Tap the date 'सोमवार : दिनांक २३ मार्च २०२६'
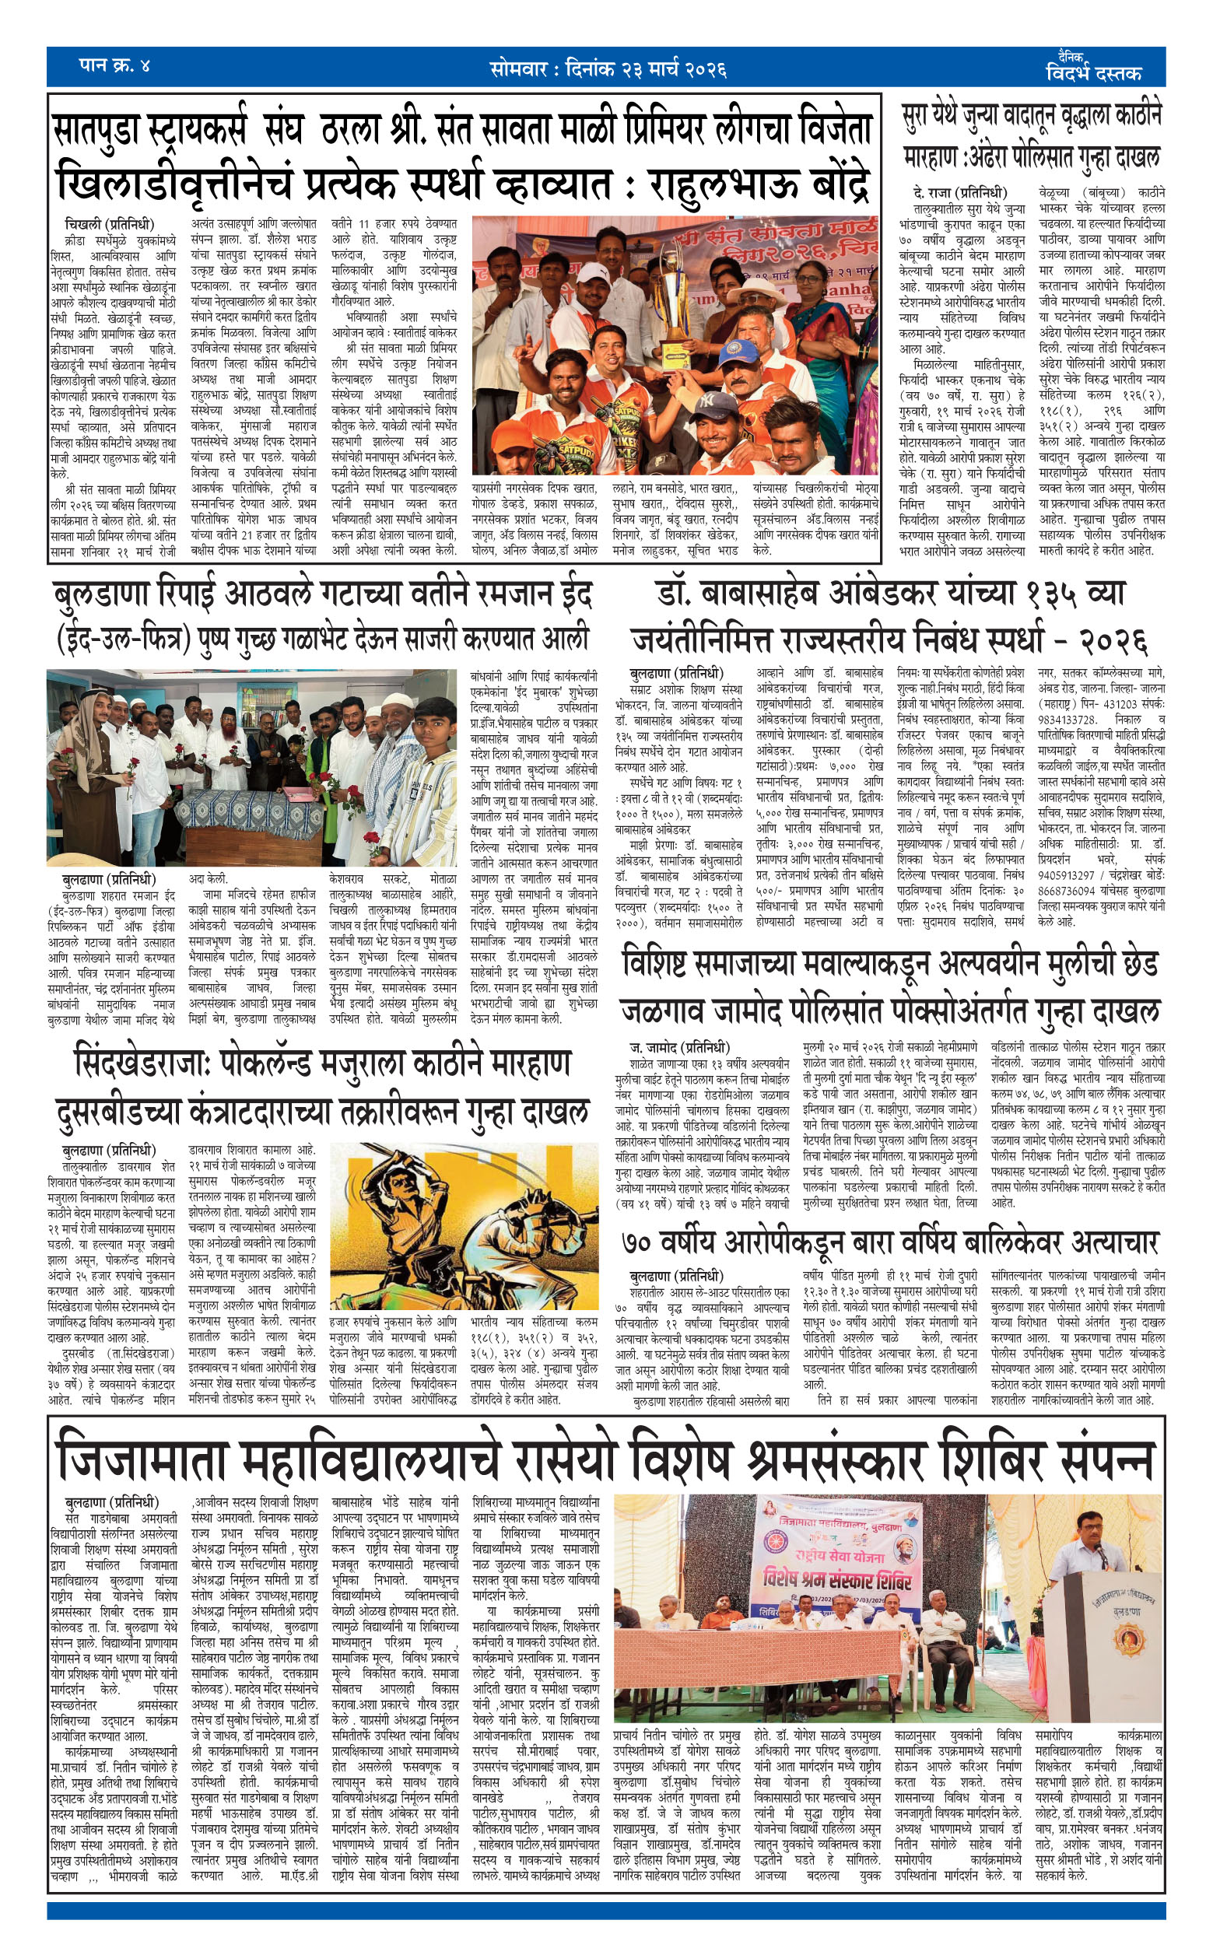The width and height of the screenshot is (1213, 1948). pyautogui.click(x=608, y=69)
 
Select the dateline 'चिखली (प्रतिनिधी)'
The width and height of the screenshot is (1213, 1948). pyautogui.click(x=109, y=225)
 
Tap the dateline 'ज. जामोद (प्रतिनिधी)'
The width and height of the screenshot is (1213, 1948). pyautogui.click(x=678, y=1047)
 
